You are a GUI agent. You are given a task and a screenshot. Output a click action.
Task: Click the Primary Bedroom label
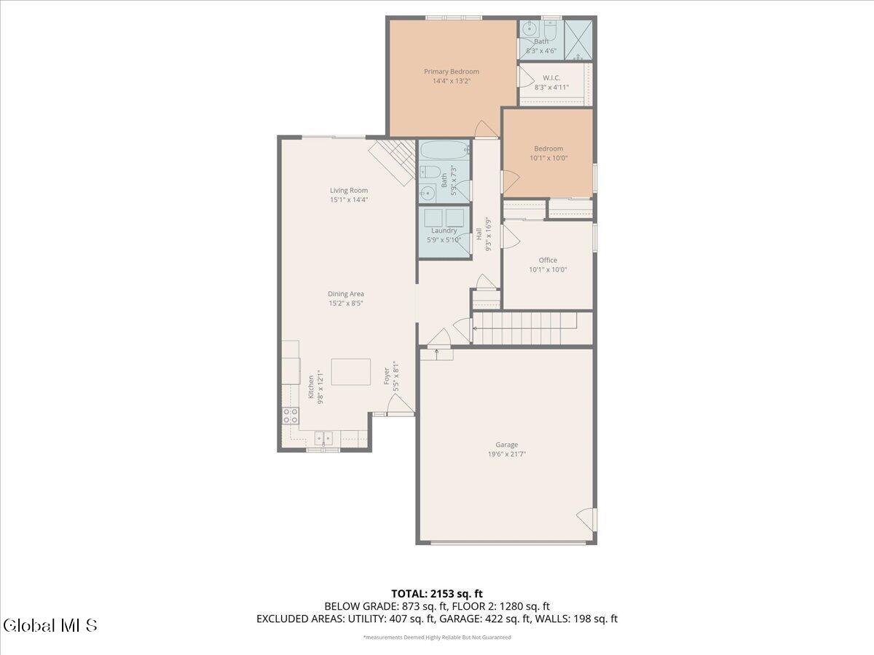(x=452, y=71)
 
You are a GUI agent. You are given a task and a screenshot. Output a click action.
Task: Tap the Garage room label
(x=507, y=445)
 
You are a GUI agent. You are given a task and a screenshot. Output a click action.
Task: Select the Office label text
(x=548, y=260)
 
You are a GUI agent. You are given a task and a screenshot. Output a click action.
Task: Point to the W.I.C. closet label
(x=551, y=77)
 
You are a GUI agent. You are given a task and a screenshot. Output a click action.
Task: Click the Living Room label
(x=349, y=190)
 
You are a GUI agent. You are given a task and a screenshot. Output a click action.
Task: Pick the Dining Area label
(x=346, y=294)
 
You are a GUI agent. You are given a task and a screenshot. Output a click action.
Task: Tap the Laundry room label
(x=444, y=231)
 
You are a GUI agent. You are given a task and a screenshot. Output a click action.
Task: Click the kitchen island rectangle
(x=350, y=371)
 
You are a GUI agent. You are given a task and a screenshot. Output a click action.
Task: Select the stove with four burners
(x=290, y=416)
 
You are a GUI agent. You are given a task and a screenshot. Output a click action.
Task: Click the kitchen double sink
(x=323, y=437)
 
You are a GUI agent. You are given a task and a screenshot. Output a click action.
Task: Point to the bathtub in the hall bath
(x=444, y=151)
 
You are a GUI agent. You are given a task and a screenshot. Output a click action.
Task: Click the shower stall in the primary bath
(x=579, y=39)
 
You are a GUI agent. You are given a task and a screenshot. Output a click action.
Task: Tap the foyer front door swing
(x=399, y=407)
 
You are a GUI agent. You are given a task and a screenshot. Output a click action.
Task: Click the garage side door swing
(x=587, y=519)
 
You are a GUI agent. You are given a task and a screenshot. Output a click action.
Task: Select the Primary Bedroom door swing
(x=485, y=129)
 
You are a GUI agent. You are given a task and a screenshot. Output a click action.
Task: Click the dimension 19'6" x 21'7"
(x=507, y=454)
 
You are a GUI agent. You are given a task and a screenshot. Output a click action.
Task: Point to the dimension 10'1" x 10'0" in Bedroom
(x=548, y=157)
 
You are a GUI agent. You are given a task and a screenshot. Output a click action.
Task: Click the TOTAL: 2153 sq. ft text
(x=437, y=594)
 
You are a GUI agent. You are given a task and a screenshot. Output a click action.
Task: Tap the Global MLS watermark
(x=50, y=625)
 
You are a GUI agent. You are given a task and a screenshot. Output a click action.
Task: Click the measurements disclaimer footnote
(x=437, y=638)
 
